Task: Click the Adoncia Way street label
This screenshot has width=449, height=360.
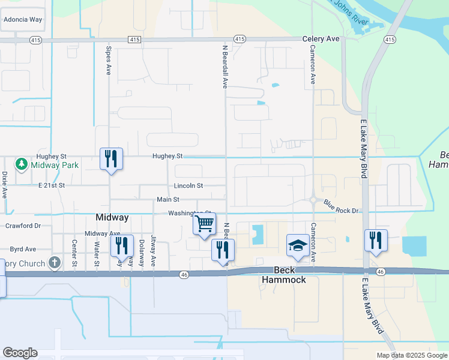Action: tap(23, 19)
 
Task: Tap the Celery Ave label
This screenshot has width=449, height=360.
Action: tap(321, 39)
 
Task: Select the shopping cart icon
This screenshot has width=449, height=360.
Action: tap(205, 224)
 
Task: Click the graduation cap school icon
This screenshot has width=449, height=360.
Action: tap(298, 245)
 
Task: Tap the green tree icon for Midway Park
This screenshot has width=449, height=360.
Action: tap(21, 164)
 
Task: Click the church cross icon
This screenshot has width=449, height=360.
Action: tap(54, 263)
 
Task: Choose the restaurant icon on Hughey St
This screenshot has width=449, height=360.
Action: tap(111, 159)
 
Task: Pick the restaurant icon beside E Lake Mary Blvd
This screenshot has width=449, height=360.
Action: tap(376, 240)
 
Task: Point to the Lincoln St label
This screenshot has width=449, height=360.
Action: tap(189, 186)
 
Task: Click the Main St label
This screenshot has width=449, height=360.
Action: tap(168, 199)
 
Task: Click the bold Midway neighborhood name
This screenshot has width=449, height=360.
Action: tap(113, 217)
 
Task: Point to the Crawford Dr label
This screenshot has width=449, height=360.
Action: tap(23, 226)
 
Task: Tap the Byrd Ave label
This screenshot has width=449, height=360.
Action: tap(23, 248)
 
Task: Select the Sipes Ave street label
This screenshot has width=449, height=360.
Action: tap(109, 61)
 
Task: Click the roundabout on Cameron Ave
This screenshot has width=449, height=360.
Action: tap(313, 200)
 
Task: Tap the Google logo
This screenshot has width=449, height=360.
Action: tap(20, 352)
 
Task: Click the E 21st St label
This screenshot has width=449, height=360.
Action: tap(51, 186)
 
